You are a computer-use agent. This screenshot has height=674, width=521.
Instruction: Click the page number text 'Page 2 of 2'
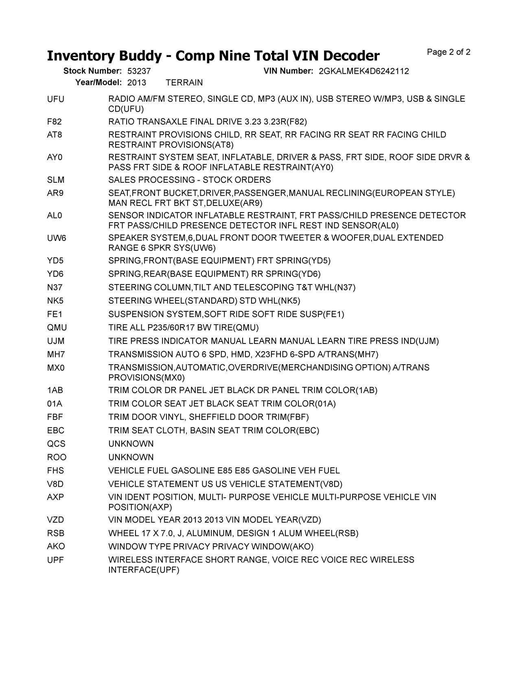pyautogui.click(x=449, y=52)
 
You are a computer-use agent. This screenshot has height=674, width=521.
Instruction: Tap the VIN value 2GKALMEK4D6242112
pyautogui.click(x=364, y=71)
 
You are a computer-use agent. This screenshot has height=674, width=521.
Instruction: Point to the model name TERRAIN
pyautogui.click(x=184, y=83)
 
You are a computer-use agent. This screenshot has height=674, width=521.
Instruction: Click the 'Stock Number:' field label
pyautogui.click(x=92, y=71)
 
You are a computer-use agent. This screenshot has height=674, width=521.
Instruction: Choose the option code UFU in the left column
pyautogui.click(x=56, y=99)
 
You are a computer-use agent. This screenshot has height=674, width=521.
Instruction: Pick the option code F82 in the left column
pyautogui.click(x=55, y=122)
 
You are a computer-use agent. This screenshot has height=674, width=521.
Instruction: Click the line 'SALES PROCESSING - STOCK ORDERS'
pyautogui.click(x=189, y=180)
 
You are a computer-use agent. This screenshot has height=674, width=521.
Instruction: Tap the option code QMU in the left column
pyautogui.click(x=57, y=328)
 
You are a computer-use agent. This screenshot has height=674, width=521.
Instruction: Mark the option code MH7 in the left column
pyautogui.click(x=56, y=354)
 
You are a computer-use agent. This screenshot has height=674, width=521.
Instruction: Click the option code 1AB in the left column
pyautogui.click(x=55, y=390)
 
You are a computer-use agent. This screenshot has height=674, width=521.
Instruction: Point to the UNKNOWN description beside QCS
pyautogui.click(x=131, y=444)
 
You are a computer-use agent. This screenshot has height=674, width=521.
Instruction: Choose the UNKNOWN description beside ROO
pyautogui.click(x=131, y=457)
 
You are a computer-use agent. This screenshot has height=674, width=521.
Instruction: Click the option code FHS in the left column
pyautogui.click(x=55, y=470)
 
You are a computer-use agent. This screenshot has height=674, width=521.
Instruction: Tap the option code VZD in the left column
pyautogui.click(x=55, y=520)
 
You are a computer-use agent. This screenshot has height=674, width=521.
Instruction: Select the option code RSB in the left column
pyautogui.click(x=56, y=533)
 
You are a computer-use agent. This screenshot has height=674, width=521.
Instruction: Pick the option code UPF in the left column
pyautogui.click(x=55, y=560)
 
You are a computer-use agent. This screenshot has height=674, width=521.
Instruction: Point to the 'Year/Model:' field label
pyautogui.click(x=99, y=83)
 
